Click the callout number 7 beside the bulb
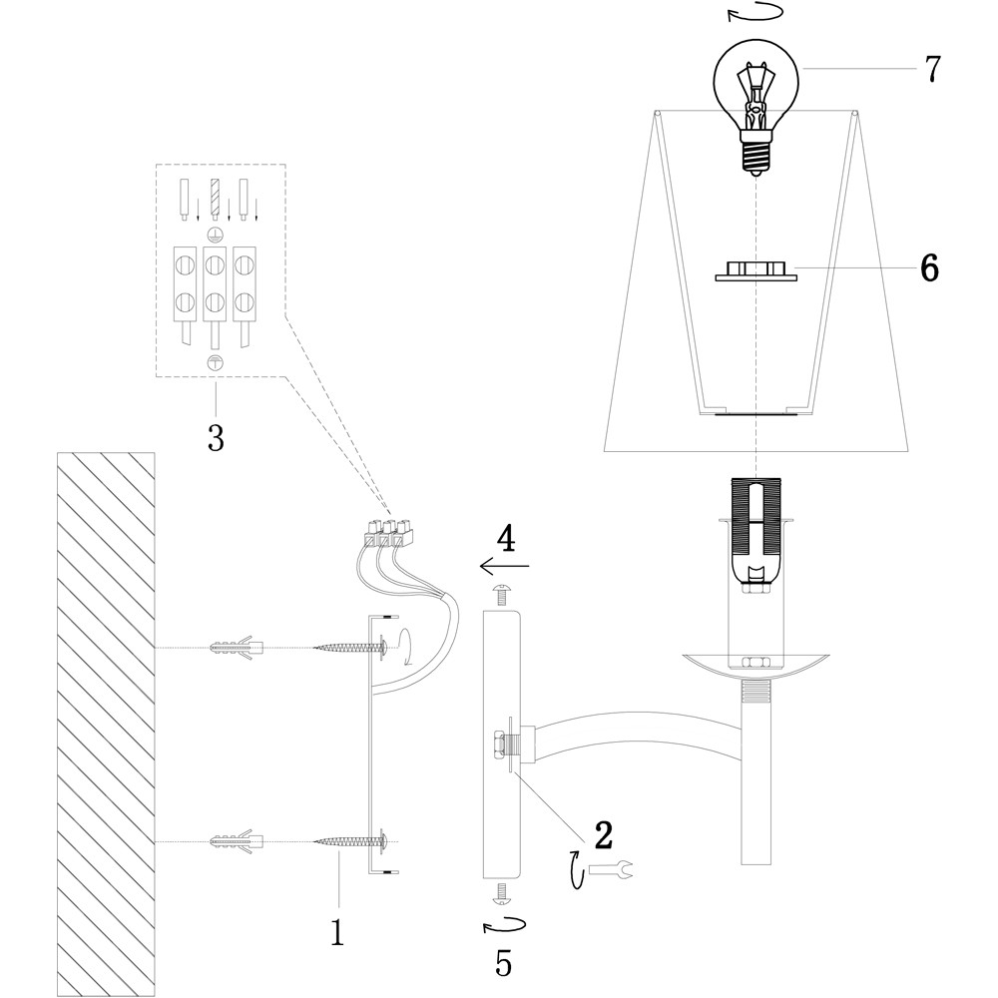coord(932,69)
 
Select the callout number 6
coord(929,268)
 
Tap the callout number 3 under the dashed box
coord(216,436)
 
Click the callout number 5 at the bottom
coord(504,963)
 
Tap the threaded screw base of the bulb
coord(756,156)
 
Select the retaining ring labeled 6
coord(757,270)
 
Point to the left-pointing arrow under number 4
coord(504,567)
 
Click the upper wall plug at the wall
coord(238,647)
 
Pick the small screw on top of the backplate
coord(503,597)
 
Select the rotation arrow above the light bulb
coord(754,13)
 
